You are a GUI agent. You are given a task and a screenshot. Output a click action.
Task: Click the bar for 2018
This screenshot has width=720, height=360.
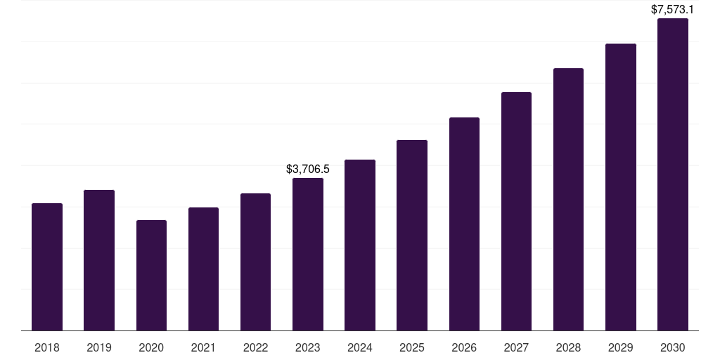pos(47,267)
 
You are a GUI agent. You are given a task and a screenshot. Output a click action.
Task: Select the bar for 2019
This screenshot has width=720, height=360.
pos(99,260)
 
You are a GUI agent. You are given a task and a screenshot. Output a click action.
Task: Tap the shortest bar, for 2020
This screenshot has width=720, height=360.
pos(151,276)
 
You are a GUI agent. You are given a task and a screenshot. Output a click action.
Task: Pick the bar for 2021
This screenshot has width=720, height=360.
pos(203,269)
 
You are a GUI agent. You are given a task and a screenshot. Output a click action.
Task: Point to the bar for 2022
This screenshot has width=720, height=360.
pos(255,262)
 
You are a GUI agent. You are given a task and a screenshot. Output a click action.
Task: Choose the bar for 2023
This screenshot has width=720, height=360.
pos(308,255)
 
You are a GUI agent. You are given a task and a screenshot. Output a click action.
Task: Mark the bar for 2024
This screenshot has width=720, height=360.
pos(360,245)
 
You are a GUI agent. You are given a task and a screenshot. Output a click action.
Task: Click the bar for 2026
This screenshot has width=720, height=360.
pos(464,224)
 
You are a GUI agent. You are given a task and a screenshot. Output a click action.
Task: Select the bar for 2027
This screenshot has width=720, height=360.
pos(516,212)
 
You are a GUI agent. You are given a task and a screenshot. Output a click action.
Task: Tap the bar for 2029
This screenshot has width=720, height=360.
pos(621,187)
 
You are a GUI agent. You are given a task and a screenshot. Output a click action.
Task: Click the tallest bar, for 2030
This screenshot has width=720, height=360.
pos(673,174)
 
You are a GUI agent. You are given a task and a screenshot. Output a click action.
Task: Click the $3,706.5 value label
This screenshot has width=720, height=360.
pos(308,169)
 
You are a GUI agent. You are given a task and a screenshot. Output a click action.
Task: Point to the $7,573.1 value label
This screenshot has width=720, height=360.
pos(673,10)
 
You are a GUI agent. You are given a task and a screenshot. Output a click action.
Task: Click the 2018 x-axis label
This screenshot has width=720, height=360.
pos(47,347)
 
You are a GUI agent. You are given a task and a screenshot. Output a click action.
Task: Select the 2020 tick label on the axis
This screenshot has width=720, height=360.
pos(151,347)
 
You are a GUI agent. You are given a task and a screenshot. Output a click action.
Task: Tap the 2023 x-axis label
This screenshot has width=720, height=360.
pos(308,347)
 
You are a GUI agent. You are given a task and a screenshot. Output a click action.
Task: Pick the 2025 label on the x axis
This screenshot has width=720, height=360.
pos(412,347)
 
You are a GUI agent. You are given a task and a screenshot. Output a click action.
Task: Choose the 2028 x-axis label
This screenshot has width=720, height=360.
pos(568,347)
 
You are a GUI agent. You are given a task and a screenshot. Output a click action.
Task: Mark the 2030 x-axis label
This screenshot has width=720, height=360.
pos(673,347)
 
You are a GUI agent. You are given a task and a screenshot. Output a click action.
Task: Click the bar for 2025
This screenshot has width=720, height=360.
pos(412,236)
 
